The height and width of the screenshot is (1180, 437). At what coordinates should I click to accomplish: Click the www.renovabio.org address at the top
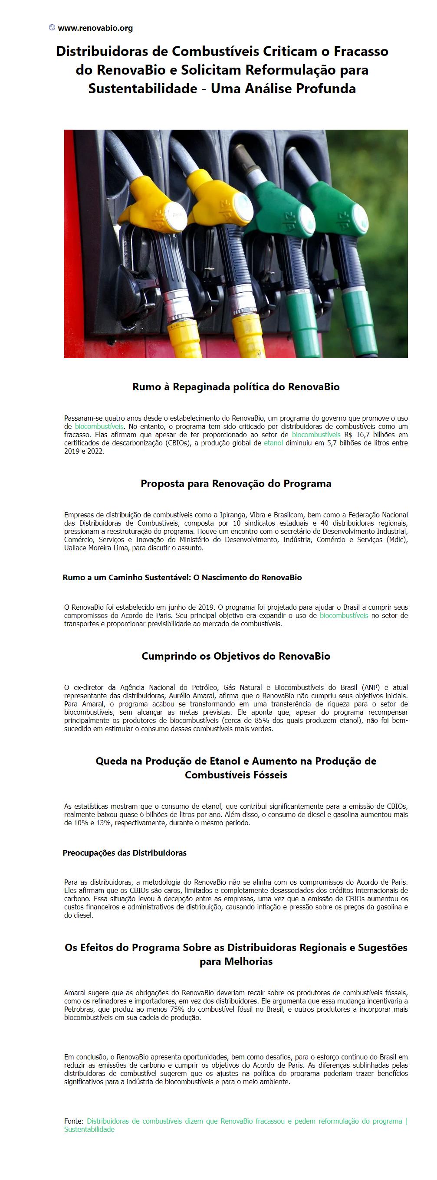click(95, 28)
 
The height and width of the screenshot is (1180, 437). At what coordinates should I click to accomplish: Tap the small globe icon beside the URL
click(52, 27)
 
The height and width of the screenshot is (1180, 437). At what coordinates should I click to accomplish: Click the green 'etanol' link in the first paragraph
click(273, 443)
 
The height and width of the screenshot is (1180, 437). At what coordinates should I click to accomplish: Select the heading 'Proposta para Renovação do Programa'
click(236, 484)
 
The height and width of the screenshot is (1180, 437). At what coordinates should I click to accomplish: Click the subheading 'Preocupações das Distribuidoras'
click(124, 853)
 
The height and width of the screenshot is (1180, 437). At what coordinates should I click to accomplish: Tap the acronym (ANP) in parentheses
click(371, 687)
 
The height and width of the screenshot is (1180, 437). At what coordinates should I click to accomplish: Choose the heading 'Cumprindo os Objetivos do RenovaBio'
click(236, 656)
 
